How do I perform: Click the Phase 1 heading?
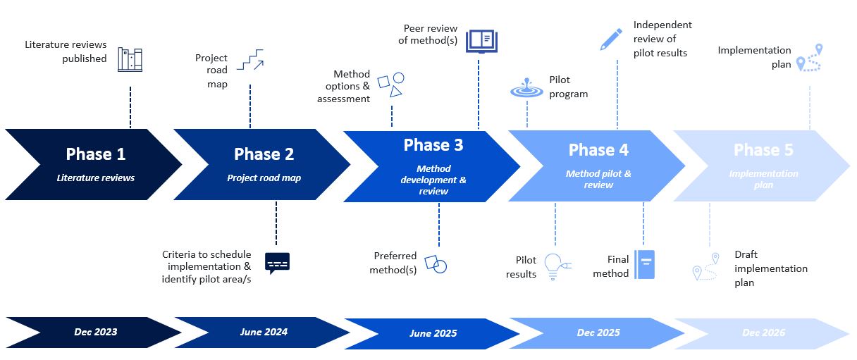[95, 154]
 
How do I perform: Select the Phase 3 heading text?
[433, 145]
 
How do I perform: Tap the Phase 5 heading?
[763, 150]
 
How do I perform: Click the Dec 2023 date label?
[95, 332]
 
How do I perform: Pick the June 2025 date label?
[433, 333]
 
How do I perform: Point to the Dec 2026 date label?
[763, 333]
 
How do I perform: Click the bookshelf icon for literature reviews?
[130, 60]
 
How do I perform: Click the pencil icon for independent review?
[610, 39]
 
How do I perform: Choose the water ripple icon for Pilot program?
[526, 89]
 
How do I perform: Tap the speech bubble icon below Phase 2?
[277, 263]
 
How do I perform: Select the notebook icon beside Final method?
[644, 264]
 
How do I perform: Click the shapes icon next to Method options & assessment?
[391, 84]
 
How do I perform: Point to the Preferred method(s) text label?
[395, 263]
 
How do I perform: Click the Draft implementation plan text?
[770, 268]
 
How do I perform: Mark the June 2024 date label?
[264, 332]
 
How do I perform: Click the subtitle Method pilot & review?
[598, 179]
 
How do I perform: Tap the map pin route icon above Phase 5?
[810, 58]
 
